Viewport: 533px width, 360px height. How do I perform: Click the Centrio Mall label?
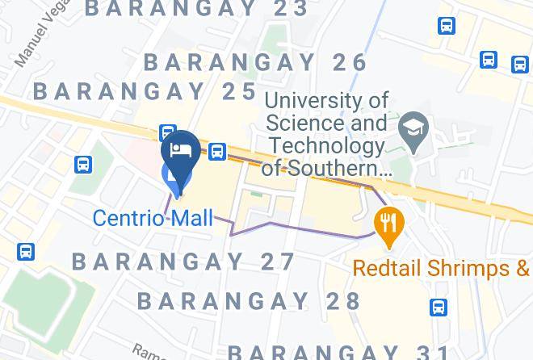pyautogui.click(x=153, y=218)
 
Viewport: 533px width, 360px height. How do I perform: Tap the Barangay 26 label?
pyautogui.click(x=256, y=62)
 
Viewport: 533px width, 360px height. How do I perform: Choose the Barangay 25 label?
pyautogui.click(x=145, y=90)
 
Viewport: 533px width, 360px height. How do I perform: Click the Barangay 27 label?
pyautogui.click(x=184, y=262)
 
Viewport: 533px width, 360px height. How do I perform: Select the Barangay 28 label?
pyautogui.click(x=249, y=301)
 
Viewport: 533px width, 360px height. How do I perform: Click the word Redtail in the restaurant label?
pyautogui.click(x=385, y=267)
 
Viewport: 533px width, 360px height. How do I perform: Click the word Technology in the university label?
pyautogui.click(x=326, y=146)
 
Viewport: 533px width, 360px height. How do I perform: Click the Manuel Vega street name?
pyautogui.click(x=33, y=45)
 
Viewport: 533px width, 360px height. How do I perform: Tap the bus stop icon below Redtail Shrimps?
pyautogui.click(x=439, y=308)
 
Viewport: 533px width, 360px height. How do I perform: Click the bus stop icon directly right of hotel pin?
pyautogui.click(x=216, y=151)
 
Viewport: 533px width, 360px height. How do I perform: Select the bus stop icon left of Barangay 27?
pyautogui.click(x=25, y=251)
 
